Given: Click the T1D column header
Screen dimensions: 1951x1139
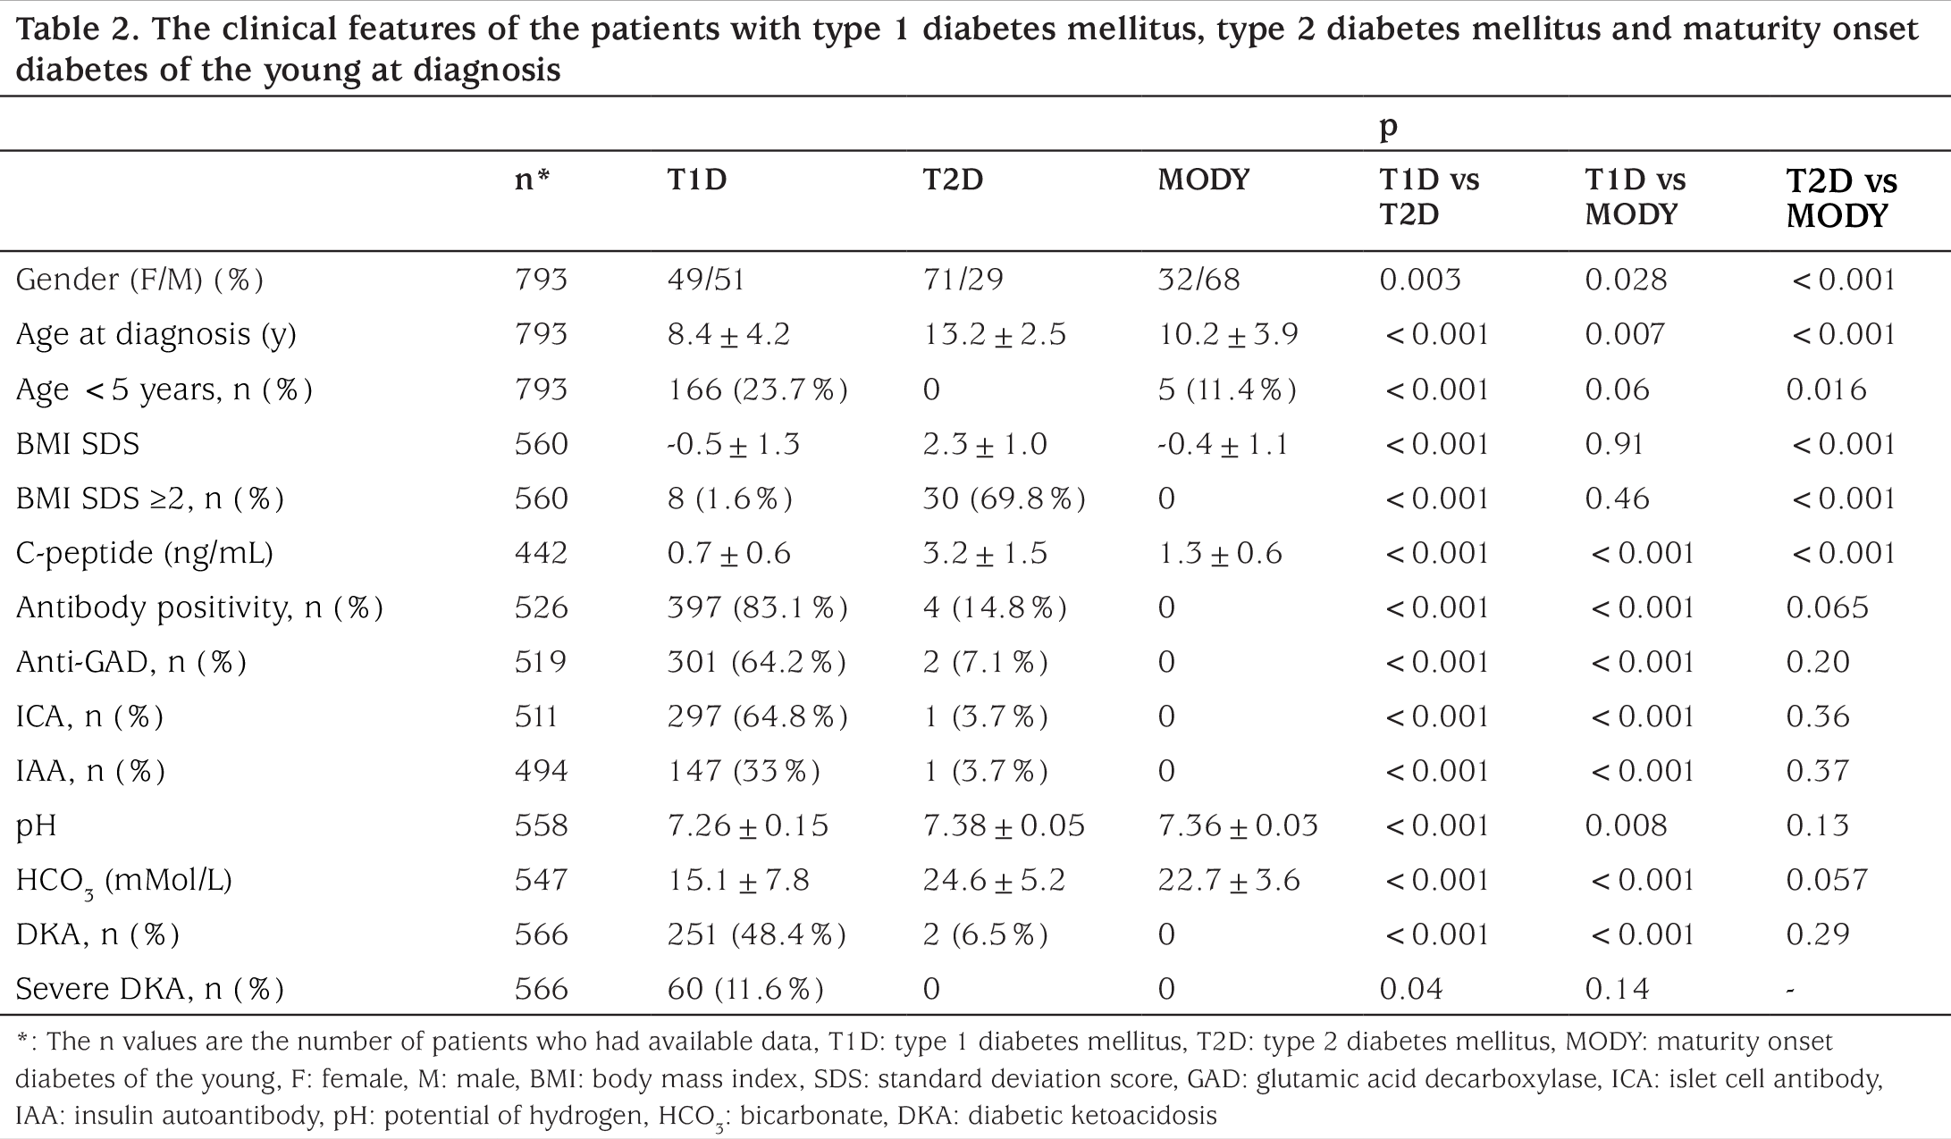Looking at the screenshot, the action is pyautogui.click(x=697, y=180).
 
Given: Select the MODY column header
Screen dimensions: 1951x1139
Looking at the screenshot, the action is pyautogui.click(x=1203, y=180).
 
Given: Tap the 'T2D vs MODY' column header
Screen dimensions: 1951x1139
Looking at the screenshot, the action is pyautogui.click(x=1841, y=199).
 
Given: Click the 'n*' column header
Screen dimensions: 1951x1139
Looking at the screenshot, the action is pyautogui.click(x=532, y=180).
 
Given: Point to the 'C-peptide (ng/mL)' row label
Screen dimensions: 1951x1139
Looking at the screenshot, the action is pyautogui.click(x=145, y=554).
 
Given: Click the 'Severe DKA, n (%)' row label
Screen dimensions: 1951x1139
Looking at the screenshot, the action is pyautogui.click(x=150, y=989).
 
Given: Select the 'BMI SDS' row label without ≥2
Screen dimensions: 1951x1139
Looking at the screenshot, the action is pyautogui.click(x=78, y=444).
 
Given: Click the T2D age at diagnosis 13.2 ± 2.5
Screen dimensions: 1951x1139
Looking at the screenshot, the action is pyautogui.click(x=995, y=335).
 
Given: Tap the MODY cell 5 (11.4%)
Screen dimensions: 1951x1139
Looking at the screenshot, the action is pyautogui.click(x=1227, y=389).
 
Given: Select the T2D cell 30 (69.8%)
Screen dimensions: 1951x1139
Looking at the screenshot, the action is pyautogui.click(x=1005, y=498).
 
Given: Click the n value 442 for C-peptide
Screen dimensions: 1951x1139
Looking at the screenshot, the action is pyautogui.click(x=541, y=553).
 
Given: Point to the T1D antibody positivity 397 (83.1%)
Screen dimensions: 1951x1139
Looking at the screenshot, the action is pyautogui.click(x=757, y=607).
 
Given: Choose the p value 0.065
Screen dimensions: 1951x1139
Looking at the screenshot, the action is pyautogui.click(x=1828, y=607).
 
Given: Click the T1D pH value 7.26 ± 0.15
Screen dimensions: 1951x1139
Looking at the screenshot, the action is pyautogui.click(x=748, y=825).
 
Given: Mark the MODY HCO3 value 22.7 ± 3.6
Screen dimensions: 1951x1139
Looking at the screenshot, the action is pyautogui.click(x=1229, y=880).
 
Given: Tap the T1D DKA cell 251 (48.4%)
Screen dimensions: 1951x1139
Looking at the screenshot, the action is pyautogui.click(x=756, y=934).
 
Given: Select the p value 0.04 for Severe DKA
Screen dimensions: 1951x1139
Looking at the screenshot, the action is pyautogui.click(x=1411, y=989).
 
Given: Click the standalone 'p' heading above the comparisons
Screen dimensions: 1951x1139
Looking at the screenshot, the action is pyautogui.click(x=1388, y=127).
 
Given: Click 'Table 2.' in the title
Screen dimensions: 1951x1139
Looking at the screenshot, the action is pyautogui.click(x=75, y=29).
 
